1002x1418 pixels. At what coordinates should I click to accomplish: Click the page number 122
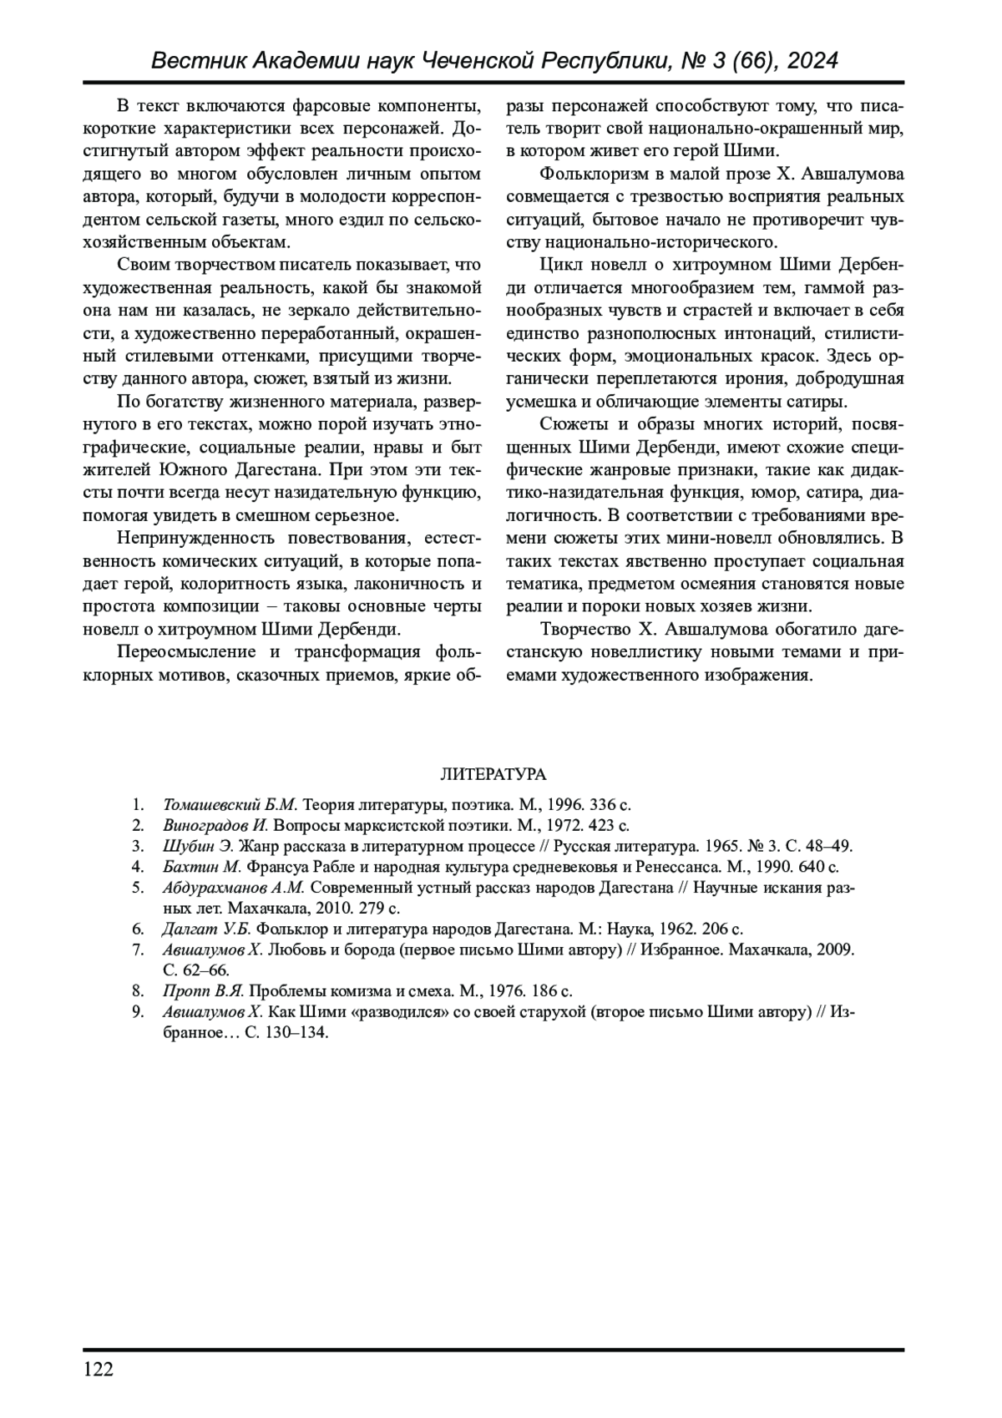click(99, 1370)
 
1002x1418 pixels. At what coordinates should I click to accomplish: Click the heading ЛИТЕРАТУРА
click(493, 774)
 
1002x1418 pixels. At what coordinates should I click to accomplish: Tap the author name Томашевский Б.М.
click(230, 805)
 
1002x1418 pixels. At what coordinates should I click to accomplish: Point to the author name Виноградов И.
click(215, 826)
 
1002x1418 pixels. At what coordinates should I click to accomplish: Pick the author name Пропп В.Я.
click(203, 991)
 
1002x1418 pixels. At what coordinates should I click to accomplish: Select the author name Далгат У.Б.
click(206, 929)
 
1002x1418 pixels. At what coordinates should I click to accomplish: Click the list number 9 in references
click(138, 1012)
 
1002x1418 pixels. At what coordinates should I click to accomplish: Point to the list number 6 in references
click(138, 929)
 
